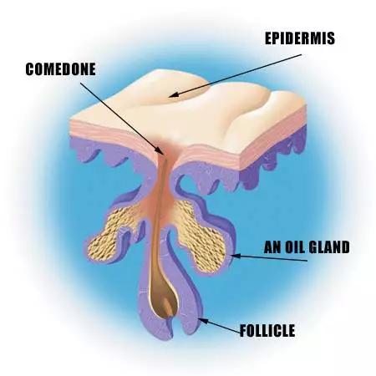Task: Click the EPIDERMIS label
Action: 300,38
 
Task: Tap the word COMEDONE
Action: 60,69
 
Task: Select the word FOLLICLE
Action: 267,331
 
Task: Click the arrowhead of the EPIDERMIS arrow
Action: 173,95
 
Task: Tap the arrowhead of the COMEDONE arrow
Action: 160,150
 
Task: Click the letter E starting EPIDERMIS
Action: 268,38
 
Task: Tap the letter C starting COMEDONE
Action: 30,69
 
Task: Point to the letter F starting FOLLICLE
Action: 244,331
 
